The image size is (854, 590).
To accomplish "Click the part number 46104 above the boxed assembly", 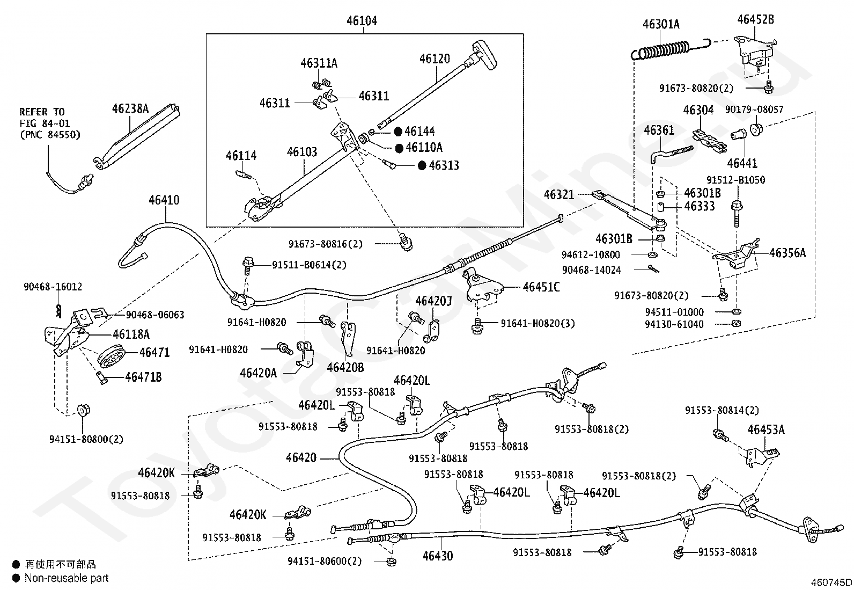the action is click(x=362, y=20).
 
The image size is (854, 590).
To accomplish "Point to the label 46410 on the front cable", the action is click(x=164, y=200).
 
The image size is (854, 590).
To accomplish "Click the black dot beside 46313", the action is click(x=422, y=166).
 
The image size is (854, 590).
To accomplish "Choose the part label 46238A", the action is click(x=130, y=109).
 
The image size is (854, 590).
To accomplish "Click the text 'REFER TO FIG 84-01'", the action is click(x=45, y=118).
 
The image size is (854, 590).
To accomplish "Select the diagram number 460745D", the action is click(x=831, y=582).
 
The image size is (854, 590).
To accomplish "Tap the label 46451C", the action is click(x=541, y=287).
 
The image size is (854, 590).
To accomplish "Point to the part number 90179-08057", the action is click(x=754, y=110).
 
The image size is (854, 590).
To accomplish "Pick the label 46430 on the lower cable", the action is click(x=438, y=556).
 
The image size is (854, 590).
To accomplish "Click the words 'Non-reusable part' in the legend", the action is click(x=67, y=578).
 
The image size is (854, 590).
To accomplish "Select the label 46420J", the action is click(x=433, y=301).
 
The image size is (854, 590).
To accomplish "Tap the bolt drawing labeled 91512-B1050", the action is click(x=737, y=213).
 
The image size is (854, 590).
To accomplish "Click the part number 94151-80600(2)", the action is click(x=325, y=561).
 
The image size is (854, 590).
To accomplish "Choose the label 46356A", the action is click(x=787, y=253).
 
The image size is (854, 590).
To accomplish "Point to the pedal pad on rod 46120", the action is click(x=484, y=55).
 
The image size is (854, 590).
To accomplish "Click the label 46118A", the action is click(x=131, y=334).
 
